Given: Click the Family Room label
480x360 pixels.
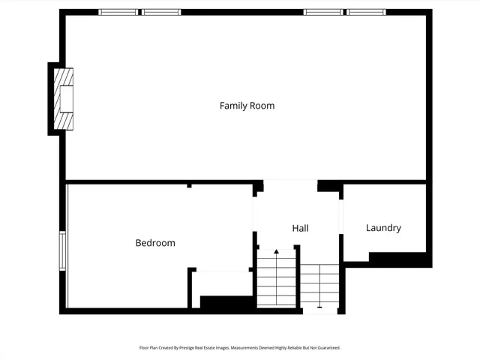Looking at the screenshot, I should click(x=247, y=106).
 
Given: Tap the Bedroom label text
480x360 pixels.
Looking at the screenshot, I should click(x=155, y=243).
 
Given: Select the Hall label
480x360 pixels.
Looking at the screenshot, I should click(x=300, y=228).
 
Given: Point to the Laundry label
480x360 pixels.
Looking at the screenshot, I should click(x=383, y=228).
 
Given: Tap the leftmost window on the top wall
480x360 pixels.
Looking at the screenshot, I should click(x=118, y=12).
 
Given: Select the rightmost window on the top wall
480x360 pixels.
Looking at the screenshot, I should click(x=366, y=12).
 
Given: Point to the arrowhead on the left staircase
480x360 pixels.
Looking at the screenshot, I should click(x=276, y=252).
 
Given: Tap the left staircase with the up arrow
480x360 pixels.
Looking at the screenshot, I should click(x=276, y=279).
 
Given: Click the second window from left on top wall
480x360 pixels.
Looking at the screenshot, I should click(x=162, y=12).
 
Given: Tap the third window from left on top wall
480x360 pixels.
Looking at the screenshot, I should click(x=322, y=12).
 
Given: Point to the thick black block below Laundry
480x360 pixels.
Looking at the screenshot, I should click(x=400, y=259).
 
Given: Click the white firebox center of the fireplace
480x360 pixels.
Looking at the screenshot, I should click(x=67, y=99).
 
